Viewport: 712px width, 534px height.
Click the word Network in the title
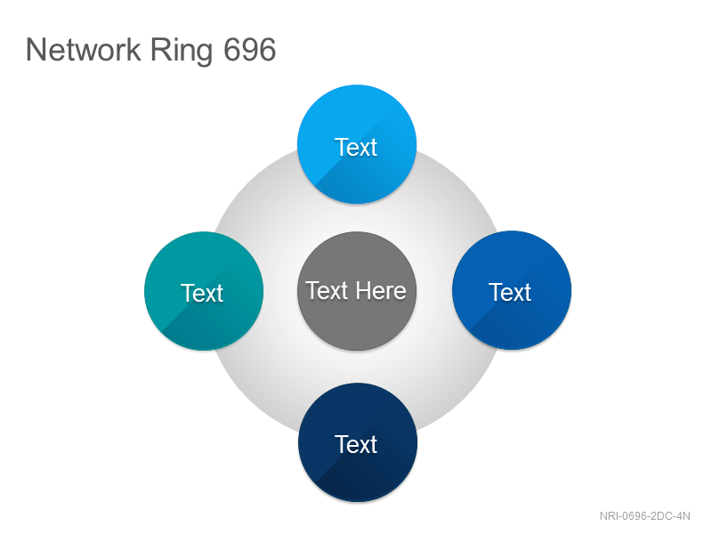(84, 50)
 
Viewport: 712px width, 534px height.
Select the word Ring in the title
(182, 52)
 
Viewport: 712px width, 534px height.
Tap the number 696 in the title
(250, 50)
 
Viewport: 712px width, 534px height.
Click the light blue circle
(357, 144)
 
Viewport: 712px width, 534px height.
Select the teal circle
(204, 291)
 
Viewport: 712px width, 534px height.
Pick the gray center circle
(357, 291)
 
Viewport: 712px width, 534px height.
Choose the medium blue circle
(512, 290)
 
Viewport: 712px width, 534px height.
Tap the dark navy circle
(358, 442)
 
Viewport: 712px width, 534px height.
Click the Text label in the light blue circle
(357, 147)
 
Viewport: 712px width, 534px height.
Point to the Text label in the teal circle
(202, 293)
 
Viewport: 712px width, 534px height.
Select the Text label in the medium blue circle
(510, 292)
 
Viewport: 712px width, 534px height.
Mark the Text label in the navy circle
(357, 444)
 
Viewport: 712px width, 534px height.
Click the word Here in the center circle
(381, 291)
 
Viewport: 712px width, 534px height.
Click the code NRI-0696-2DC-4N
(644, 516)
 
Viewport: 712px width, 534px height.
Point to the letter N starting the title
(36, 50)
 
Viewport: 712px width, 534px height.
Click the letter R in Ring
(161, 50)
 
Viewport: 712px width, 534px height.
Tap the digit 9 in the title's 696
(250, 50)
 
